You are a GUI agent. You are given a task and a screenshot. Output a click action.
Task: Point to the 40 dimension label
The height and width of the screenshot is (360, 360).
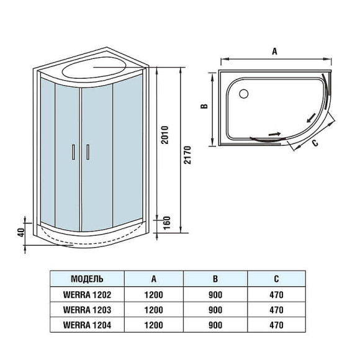20,233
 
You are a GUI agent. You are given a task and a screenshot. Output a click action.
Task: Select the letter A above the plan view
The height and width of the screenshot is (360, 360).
274,53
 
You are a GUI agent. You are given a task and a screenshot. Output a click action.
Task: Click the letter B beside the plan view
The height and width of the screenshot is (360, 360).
203,107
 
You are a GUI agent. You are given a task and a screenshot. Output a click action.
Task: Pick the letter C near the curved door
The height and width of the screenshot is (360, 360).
315,144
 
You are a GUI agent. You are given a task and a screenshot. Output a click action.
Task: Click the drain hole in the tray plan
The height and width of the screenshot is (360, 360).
243,94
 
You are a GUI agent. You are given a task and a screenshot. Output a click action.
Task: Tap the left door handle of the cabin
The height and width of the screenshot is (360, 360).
74,152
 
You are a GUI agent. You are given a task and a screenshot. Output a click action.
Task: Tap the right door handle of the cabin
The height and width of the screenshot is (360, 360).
88,152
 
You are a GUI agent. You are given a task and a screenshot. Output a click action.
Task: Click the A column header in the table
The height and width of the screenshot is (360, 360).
155,279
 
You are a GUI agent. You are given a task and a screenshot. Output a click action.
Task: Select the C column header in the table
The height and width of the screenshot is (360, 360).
277,279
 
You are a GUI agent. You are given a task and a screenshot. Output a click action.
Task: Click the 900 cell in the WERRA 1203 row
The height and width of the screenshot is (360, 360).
216,308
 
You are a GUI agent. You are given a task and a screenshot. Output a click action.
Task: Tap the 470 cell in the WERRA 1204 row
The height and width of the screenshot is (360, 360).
277,323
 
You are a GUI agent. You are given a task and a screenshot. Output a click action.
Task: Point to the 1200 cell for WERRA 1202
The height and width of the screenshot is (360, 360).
155,294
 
